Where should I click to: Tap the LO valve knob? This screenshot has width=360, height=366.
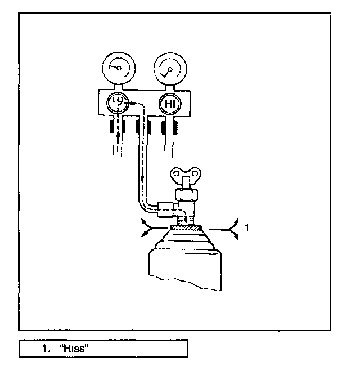118,104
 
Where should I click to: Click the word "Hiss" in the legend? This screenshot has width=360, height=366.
75,349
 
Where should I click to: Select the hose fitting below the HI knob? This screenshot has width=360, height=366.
168,127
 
